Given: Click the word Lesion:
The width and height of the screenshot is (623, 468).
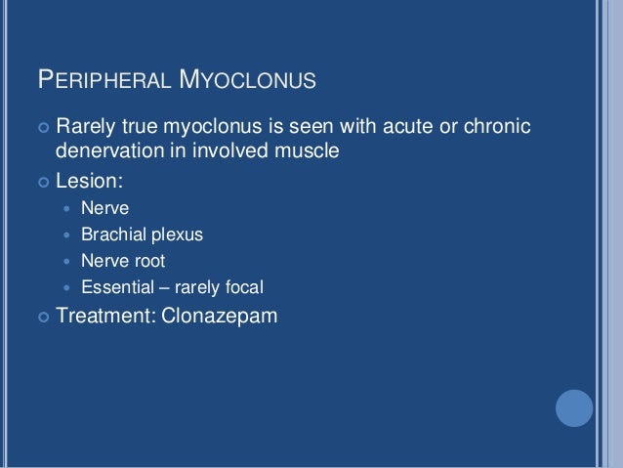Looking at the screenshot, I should click(90, 180).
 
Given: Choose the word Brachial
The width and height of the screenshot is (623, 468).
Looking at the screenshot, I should click(112, 234).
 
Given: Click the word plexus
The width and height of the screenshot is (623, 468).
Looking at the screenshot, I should click(177, 234).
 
